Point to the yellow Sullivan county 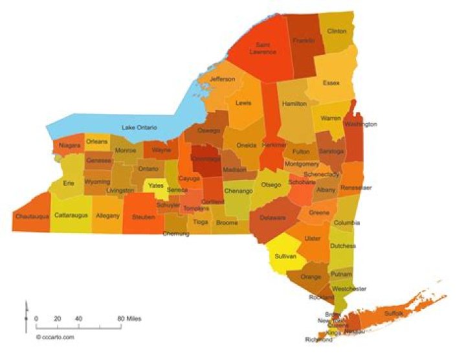pyautogui.click(x=285, y=256)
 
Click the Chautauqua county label pyautogui.click(x=31, y=216)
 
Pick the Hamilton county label pyautogui.click(x=294, y=104)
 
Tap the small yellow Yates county pyautogui.click(x=156, y=185)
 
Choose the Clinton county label pyautogui.click(x=337, y=31)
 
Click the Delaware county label pyautogui.click(x=272, y=218)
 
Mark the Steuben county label pyautogui.click(x=142, y=216)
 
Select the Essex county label pyautogui.click(x=331, y=83)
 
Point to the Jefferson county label pyautogui.click(x=222, y=79)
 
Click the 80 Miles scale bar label pyautogui.click(x=129, y=319)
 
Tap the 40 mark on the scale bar pyautogui.click(x=78, y=319)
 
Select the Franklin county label pyautogui.click(x=303, y=40)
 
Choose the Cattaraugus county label pyautogui.click(x=71, y=214)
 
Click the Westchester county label pyautogui.click(x=349, y=288)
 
